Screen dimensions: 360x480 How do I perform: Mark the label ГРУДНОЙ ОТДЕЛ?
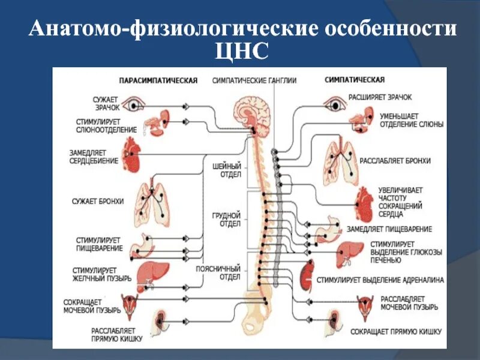tap(227, 219)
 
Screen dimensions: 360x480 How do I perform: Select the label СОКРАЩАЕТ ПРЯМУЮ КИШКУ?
tap(396, 331)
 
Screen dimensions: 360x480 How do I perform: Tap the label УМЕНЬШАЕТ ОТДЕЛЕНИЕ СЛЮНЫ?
tap(411, 120)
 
